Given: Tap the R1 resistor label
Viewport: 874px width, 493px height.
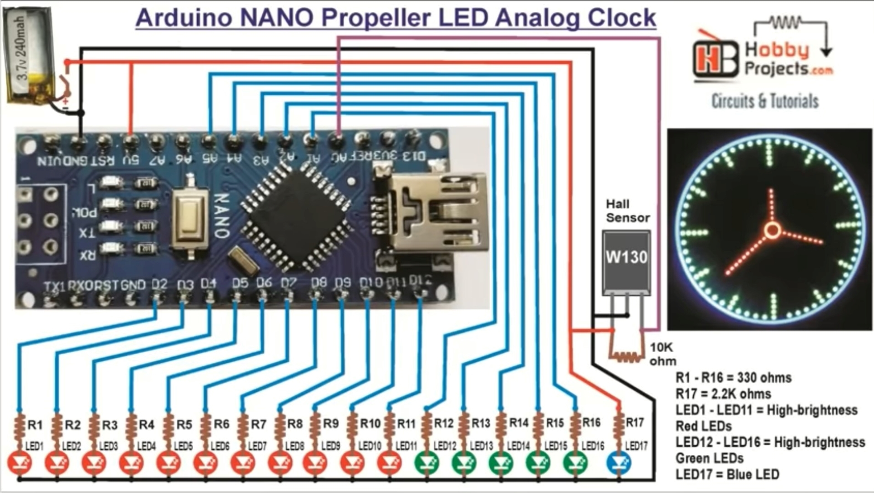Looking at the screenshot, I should (x=35, y=425).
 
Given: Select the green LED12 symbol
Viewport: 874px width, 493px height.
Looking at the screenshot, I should (x=427, y=464).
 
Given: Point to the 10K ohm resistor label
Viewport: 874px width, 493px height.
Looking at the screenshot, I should (x=662, y=354).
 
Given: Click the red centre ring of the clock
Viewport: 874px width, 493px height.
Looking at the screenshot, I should (x=772, y=231).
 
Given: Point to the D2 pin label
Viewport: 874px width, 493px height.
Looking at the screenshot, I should (x=159, y=285).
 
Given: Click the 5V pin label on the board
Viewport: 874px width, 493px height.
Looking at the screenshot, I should (x=131, y=159).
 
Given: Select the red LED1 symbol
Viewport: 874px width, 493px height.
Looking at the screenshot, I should (x=20, y=464).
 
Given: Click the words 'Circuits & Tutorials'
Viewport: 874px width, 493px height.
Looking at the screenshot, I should (x=765, y=101).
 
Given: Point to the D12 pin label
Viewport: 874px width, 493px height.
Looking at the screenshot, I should (x=420, y=281).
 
